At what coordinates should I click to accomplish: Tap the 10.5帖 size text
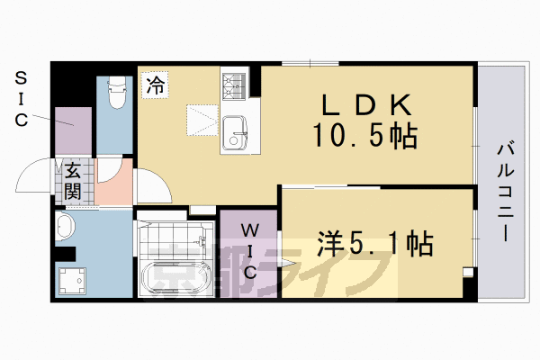click(364, 136)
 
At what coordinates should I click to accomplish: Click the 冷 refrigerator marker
click(155, 86)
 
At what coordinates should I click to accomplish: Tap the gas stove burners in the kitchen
click(233, 85)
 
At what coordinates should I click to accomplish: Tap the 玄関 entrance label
click(72, 181)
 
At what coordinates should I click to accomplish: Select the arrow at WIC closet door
click(286, 264)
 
